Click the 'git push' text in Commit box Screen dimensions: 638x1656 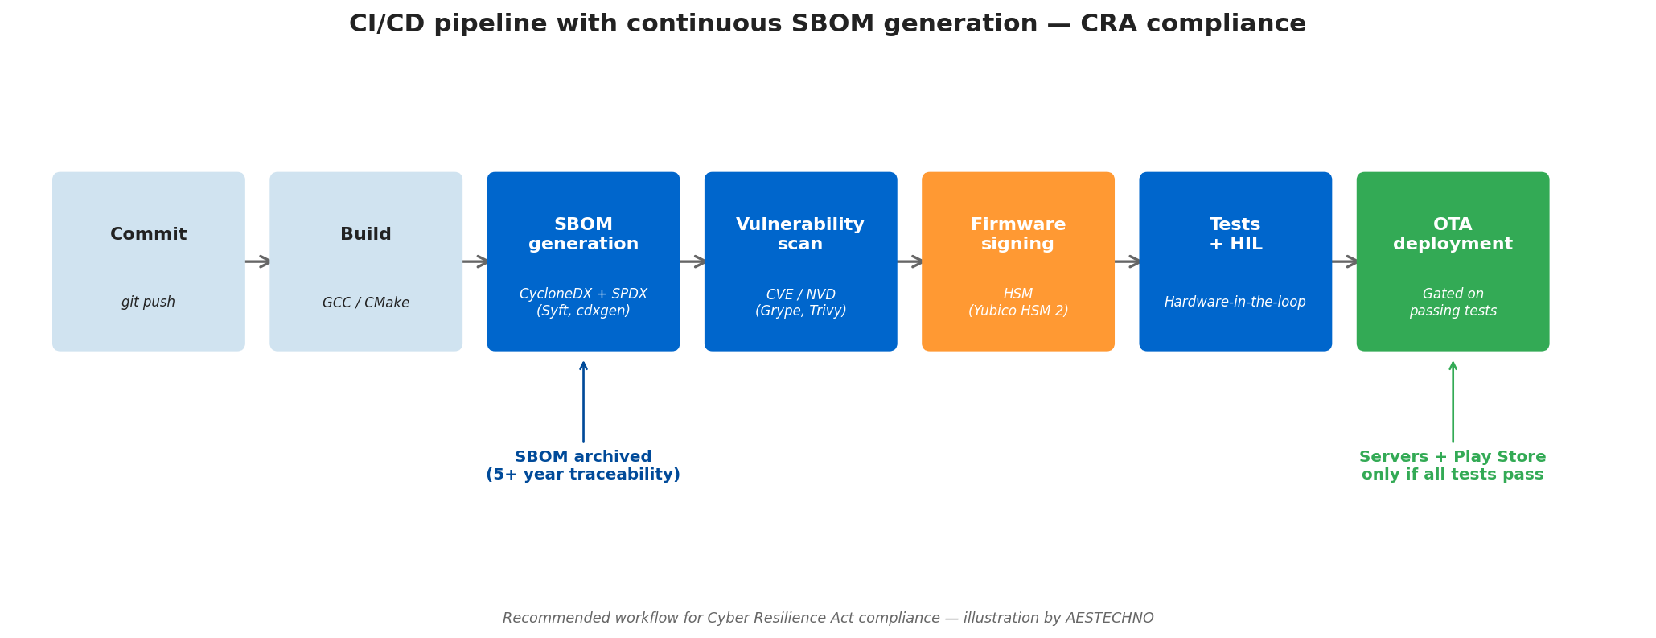(x=148, y=303)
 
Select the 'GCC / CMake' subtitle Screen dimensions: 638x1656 (x=366, y=303)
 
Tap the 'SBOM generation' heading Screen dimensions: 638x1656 (x=583, y=234)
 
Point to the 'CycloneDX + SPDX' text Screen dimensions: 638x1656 (x=583, y=294)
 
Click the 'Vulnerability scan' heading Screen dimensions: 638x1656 (x=800, y=234)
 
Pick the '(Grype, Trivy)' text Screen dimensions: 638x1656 (x=800, y=311)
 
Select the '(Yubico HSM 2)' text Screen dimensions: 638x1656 (x=1017, y=311)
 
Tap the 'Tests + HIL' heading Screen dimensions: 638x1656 (x=1235, y=234)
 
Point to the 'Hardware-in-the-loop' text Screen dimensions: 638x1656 (x=1235, y=303)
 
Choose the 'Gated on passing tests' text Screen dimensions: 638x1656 (x=1453, y=303)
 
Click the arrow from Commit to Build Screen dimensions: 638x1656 (x=257, y=261)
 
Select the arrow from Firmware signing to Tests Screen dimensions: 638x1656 (x=1127, y=261)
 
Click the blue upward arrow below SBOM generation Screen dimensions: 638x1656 (x=583, y=401)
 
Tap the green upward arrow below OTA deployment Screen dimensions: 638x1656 (x=1453, y=401)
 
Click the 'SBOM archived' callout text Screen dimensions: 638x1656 (x=583, y=457)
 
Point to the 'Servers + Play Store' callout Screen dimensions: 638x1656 (x=1453, y=457)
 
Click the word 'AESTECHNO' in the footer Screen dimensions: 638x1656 (x=1109, y=618)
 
